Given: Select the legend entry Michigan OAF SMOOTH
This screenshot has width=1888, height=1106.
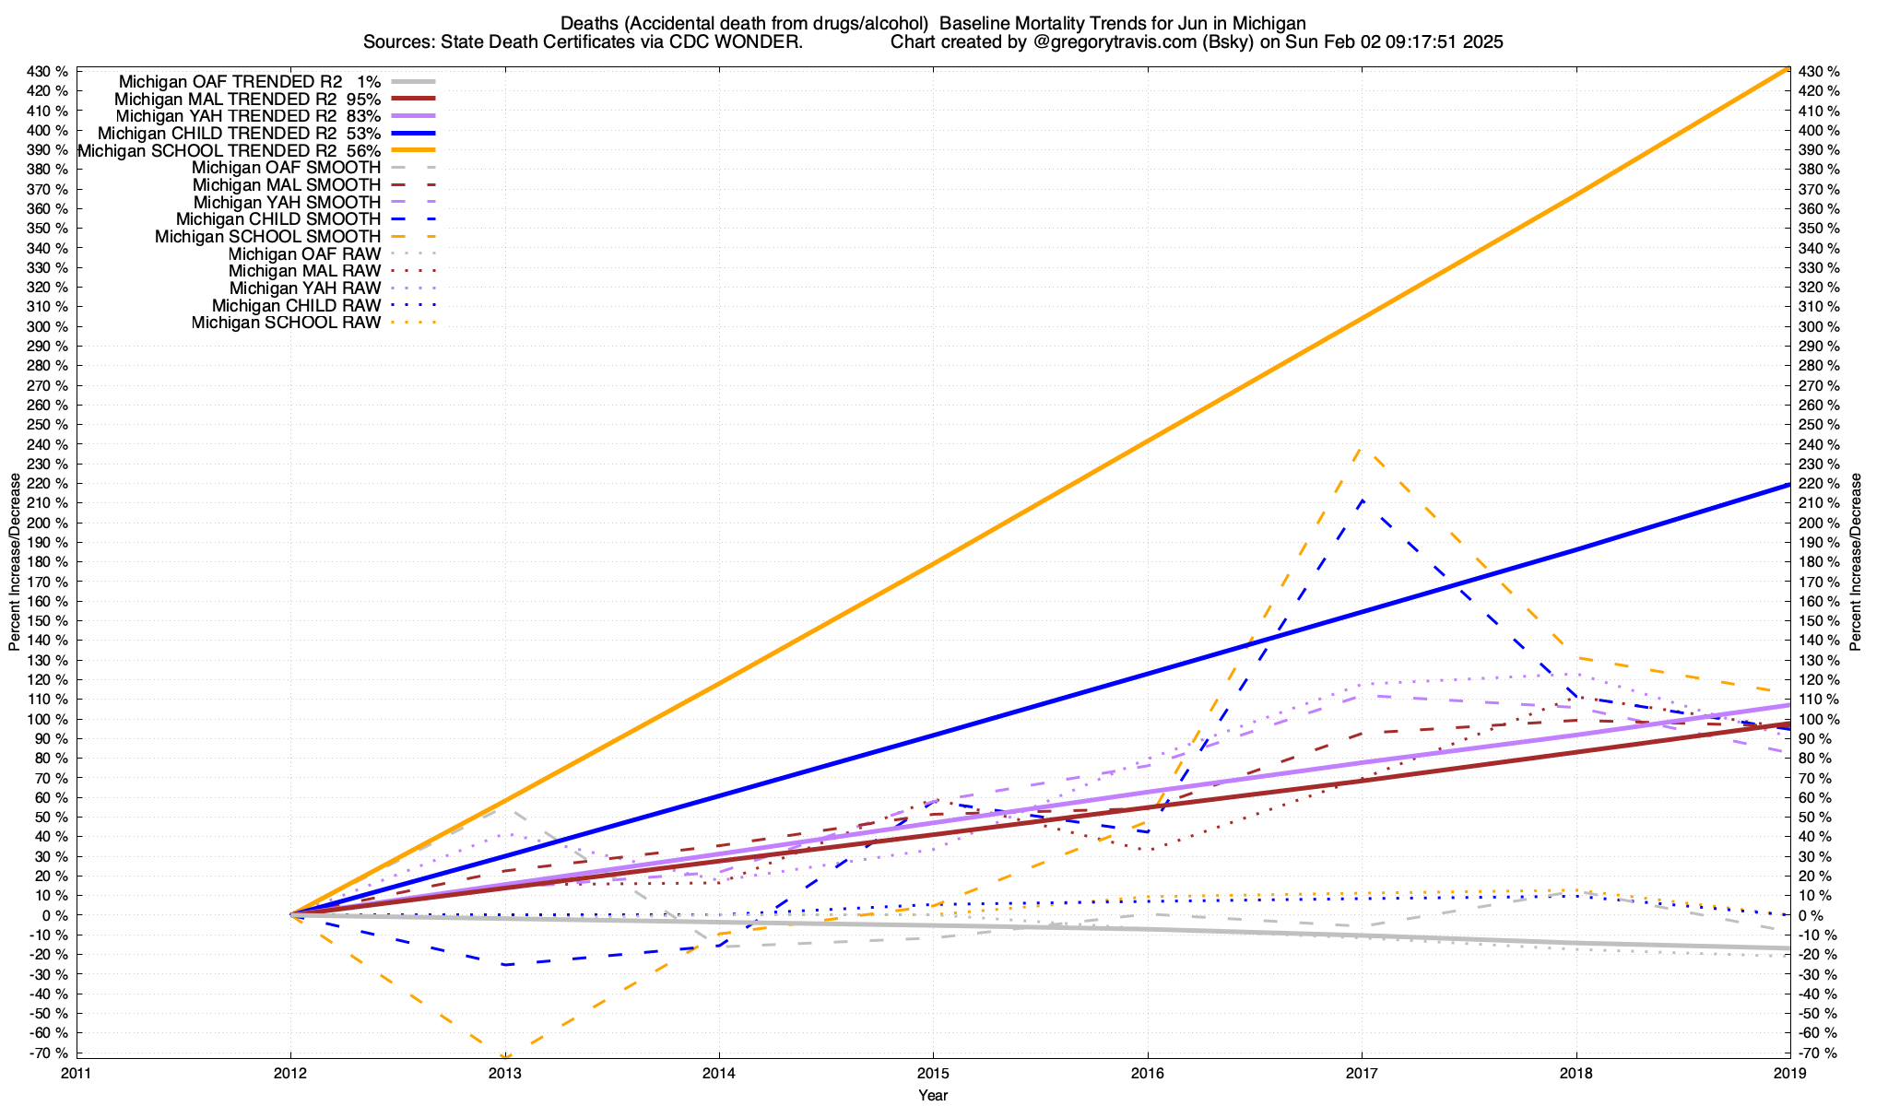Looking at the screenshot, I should tap(286, 168).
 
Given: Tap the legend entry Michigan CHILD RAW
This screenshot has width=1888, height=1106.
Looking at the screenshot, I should tap(296, 305).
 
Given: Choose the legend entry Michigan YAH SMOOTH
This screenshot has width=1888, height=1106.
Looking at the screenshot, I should tap(287, 202).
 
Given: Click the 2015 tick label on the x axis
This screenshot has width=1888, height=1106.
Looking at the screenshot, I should tap(933, 1073).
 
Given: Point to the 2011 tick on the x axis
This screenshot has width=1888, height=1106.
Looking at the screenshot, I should tap(77, 1073).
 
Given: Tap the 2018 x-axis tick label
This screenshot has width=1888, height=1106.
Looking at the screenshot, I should tap(1575, 1073).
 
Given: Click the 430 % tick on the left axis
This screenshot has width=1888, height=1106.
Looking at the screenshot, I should tap(48, 72).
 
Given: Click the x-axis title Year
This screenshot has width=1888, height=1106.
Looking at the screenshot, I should tap(933, 1095).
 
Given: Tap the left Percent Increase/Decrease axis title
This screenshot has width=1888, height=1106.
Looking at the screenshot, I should tap(15, 562).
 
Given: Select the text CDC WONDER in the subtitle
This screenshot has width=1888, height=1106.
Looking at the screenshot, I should tap(755, 42).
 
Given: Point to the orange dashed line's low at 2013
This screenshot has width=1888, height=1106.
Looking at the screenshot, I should tap(505, 1056).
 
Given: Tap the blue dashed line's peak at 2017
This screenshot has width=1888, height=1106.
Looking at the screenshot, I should tap(1362, 500).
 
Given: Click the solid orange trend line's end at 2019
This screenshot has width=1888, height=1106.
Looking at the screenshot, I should tap(1789, 68).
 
